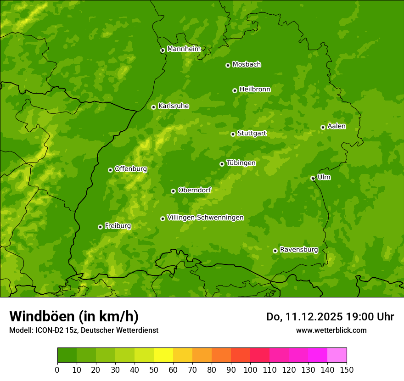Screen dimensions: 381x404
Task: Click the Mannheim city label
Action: tap(184, 49)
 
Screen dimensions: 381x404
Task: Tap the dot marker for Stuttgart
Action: tap(233, 134)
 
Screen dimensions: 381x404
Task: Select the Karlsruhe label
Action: tap(174, 106)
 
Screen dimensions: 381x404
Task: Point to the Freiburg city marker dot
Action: tap(100, 227)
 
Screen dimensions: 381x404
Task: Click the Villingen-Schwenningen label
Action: tap(205, 218)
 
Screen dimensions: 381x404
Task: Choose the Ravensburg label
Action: tap(299, 250)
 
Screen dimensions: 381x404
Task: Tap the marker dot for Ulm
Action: tap(313, 178)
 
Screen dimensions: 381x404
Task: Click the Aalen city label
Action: tap(337, 126)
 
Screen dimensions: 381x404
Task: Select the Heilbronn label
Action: tap(255, 90)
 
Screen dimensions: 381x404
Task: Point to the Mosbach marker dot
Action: tap(228, 65)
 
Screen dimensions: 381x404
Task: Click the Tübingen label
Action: tap(241, 163)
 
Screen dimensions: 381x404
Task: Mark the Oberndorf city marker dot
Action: tap(173, 191)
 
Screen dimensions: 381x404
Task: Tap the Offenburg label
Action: tap(131, 169)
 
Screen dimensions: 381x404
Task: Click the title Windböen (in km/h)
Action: tap(73, 316)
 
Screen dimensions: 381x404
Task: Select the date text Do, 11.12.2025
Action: tap(304, 317)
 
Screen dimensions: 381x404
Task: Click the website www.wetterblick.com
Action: tap(331, 330)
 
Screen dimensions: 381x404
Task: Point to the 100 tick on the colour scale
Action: tap(250, 370)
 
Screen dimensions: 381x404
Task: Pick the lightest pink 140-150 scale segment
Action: tap(337, 355)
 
